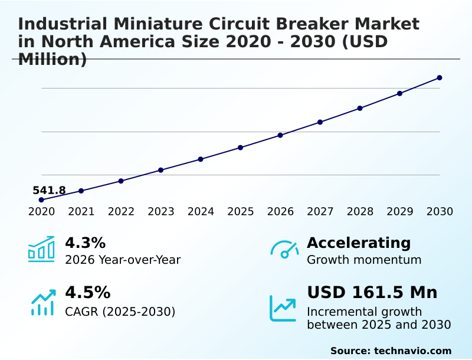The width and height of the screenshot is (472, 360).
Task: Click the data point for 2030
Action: (x=440, y=78)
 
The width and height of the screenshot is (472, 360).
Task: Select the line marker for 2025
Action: (x=241, y=148)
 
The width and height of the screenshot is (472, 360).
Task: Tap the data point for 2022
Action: (x=121, y=181)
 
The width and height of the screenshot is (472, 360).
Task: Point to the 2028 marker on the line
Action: (x=360, y=108)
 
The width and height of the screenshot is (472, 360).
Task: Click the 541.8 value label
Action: (x=49, y=191)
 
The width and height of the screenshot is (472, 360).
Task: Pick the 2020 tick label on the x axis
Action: (x=41, y=212)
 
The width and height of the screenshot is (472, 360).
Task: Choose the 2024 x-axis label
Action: (x=201, y=212)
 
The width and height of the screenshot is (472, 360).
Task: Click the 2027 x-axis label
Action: (x=320, y=212)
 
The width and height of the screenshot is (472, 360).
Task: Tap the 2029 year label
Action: (x=399, y=212)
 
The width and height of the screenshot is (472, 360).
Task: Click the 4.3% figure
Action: (x=85, y=243)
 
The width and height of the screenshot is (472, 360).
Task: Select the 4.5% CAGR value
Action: (x=87, y=293)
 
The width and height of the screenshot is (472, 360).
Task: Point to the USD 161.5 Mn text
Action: (x=372, y=293)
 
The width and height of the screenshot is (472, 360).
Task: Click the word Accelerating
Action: (x=359, y=243)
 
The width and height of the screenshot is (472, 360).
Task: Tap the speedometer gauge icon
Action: (x=284, y=250)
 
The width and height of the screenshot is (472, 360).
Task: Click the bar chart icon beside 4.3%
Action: (x=41, y=250)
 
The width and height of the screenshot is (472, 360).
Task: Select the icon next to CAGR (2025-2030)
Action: (x=42, y=302)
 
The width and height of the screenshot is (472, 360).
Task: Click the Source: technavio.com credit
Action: (x=391, y=351)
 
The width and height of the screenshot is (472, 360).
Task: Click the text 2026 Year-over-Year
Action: (x=123, y=260)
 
